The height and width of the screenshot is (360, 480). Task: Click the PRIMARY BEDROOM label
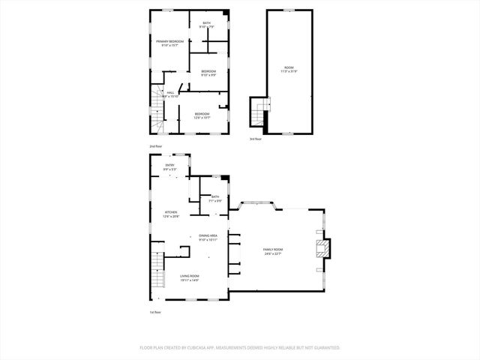pos(170,43)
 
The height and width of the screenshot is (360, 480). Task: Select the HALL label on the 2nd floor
pos(170,94)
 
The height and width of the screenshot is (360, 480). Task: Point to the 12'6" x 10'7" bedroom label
pos(202,115)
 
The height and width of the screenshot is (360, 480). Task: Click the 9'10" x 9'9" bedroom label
pos(208,73)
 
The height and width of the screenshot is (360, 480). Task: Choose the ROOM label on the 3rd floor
pos(289,69)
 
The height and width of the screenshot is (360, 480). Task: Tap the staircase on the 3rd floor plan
pos(259,115)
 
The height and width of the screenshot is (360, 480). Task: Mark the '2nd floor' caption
pos(155,145)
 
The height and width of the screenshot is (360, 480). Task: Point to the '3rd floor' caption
pos(256,139)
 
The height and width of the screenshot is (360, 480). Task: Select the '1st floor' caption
pos(155,312)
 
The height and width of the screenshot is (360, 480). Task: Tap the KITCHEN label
pos(171,214)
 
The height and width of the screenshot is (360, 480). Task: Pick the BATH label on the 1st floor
pos(215,198)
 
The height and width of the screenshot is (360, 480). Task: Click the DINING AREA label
pos(208,237)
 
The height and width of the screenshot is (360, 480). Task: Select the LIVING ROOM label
pos(189,277)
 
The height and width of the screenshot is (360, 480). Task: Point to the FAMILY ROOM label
pos(273,251)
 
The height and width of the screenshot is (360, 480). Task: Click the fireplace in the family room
pos(322,251)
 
